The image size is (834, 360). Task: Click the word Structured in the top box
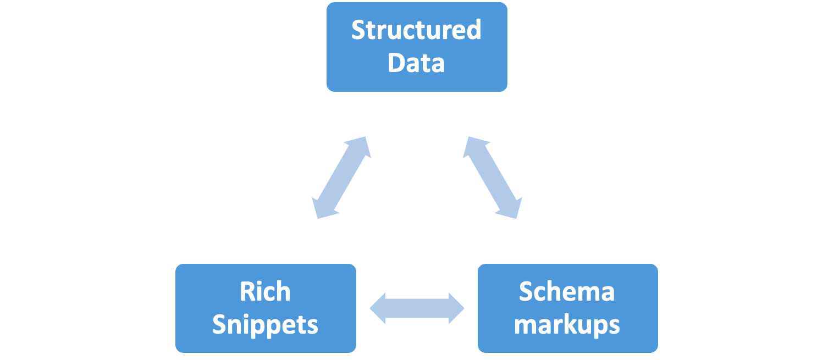416,30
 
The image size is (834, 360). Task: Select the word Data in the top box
416,63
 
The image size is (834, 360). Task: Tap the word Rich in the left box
265,292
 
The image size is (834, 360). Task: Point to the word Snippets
265,325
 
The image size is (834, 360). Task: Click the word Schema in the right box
567,292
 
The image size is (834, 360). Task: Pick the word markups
567,325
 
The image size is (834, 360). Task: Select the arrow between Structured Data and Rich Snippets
341,178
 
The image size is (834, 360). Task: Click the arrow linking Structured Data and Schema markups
493,178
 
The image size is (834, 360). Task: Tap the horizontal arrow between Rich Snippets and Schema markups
417,308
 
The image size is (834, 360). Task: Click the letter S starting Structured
358,30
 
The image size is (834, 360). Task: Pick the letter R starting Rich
246,292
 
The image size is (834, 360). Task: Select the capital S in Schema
526,292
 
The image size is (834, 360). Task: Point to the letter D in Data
396,63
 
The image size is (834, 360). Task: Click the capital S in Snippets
219,325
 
